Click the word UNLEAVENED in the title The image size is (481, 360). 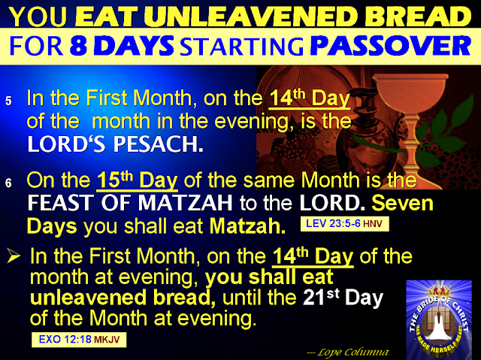click(253, 17)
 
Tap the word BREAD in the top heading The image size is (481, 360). click(418, 17)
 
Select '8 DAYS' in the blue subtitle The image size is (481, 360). click(122, 46)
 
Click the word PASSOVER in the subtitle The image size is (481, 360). click(391, 46)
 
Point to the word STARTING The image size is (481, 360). click(241, 47)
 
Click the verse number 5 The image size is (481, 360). click(8, 101)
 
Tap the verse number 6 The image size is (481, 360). click(8, 183)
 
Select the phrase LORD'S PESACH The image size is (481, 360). click(115, 144)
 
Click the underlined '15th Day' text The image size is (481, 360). click(137, 180)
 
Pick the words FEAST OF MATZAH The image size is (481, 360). click(130, 203)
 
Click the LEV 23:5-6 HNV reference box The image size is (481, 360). click(344, 224)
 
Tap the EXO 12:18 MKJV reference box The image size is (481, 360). click(79, 340)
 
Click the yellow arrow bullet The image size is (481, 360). click(14, 256)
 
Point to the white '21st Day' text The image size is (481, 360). click(343, 297)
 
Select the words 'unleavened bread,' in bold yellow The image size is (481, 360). click(123, 298)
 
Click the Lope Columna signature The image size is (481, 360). click(348, 352)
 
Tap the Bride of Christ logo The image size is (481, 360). click(439, 319)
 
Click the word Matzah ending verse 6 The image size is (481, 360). click(247, 226)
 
